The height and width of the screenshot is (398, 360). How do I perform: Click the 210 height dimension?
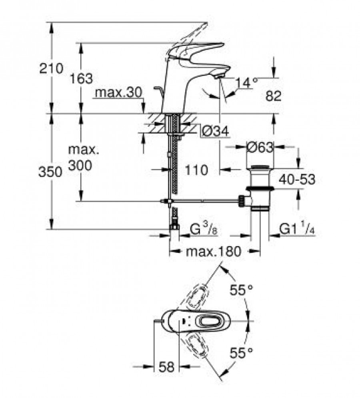51,69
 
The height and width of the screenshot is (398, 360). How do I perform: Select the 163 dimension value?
81,78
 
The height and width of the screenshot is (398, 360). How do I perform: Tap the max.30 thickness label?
118,92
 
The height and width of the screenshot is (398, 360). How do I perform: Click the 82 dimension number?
273,96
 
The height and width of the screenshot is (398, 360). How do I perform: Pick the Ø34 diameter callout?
215,131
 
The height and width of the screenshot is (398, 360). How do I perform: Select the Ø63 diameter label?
260,147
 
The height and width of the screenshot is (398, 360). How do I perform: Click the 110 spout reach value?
196,170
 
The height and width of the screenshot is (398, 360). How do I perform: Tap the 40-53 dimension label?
297,179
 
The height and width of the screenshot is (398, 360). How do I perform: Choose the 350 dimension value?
50,172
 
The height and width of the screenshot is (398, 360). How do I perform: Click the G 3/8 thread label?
204,229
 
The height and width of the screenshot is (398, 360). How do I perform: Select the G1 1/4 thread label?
297,229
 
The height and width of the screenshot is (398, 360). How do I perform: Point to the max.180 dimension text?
214,251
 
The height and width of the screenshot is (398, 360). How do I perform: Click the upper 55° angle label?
241,290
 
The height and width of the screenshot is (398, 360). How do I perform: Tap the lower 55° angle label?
241,353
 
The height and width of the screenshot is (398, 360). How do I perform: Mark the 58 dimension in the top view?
167,367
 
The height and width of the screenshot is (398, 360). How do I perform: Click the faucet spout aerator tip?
219,76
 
